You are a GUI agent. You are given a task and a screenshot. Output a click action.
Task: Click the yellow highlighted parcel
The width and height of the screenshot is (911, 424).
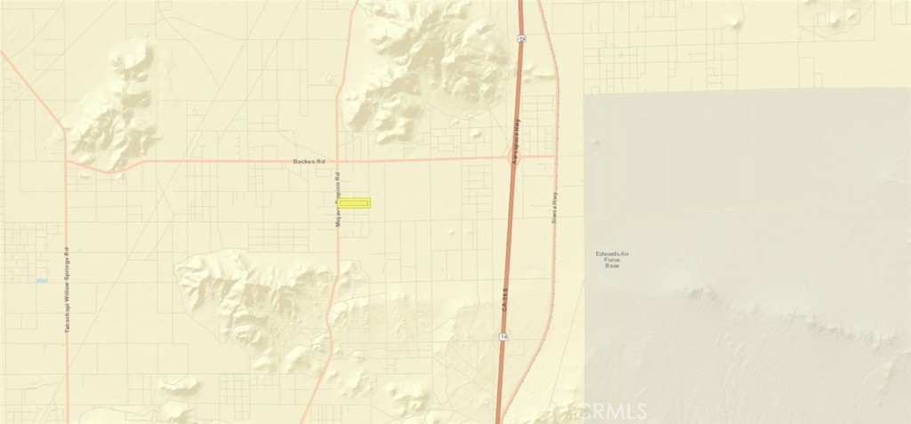(354, 203)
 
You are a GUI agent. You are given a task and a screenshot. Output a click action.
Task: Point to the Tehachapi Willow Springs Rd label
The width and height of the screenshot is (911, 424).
(67, 290)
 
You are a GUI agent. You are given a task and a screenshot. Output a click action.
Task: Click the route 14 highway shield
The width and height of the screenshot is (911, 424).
(503, 336)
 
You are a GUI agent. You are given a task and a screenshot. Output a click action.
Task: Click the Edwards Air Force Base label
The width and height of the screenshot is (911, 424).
(611, 259)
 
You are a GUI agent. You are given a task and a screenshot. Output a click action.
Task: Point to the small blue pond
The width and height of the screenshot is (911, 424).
(41, 281)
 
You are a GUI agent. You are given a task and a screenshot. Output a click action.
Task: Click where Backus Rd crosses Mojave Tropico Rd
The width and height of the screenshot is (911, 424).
(338, 161)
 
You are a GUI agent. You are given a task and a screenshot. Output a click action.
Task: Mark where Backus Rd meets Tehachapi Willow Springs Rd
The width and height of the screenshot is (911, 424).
(68, 163)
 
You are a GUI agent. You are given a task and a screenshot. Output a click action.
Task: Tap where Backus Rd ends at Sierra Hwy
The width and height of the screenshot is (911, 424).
(556, 156)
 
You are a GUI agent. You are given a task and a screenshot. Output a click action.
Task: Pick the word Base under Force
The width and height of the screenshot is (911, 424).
(611, 265)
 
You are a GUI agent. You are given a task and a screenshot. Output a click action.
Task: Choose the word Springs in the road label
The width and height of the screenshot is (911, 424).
(67, 264)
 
